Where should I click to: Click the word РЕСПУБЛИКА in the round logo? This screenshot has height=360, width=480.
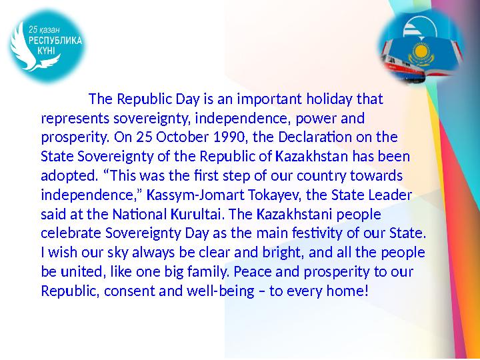55,40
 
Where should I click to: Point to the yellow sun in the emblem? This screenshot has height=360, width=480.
421,52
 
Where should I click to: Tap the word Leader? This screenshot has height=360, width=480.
391,196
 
